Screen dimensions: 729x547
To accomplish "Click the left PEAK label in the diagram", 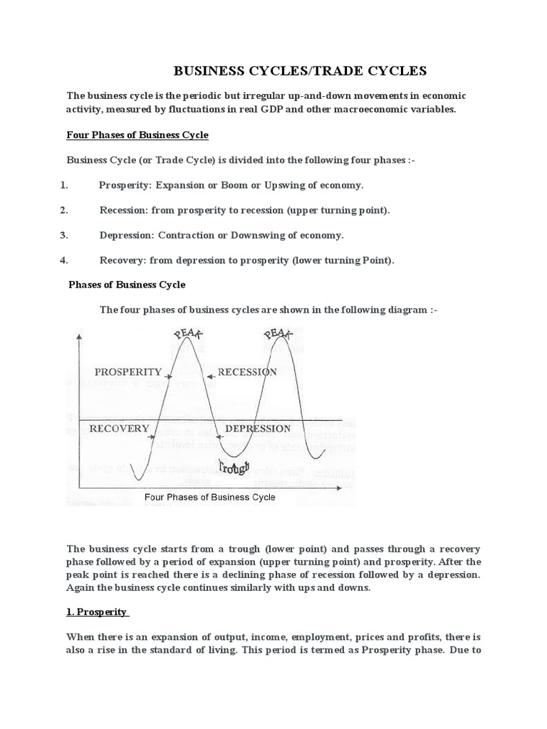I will (x=187, y=332).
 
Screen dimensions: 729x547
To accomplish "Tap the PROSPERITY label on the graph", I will (x=128, y=372).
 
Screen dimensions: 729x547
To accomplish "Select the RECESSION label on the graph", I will (x=247, y=372).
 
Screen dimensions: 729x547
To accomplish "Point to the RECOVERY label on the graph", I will (x=119, y=429).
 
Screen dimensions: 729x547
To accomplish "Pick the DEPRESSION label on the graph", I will (x=258, y=429).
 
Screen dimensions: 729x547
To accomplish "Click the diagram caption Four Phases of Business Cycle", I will (x=209, y=497).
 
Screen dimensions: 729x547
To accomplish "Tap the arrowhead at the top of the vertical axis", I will (x=79, y=335).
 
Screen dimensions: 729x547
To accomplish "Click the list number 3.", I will (x=63, y=235).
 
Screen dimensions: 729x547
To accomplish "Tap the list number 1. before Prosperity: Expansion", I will (x=63, y=185).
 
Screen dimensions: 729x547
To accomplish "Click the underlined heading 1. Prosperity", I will (x=97, y=612).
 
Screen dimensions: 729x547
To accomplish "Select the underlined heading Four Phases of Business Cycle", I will (x=137, y=135).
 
